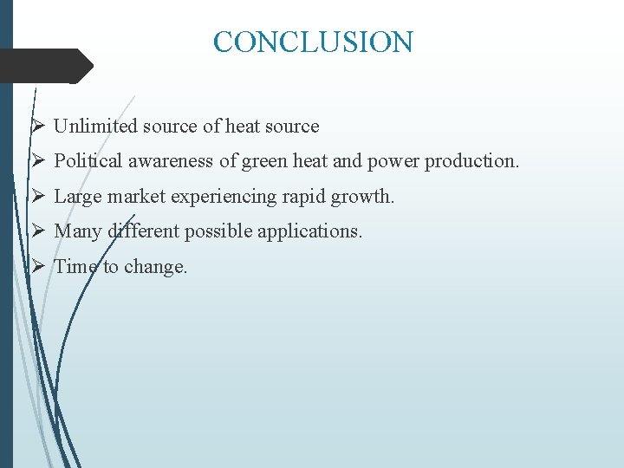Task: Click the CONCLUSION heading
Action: tap(313, 42)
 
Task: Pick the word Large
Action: tap(75, 197)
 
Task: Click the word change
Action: tap(155, 267)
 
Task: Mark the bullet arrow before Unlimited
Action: tap(38, 127)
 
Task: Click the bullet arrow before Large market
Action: tap(38, 197)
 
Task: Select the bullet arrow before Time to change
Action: tap(38, 267)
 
